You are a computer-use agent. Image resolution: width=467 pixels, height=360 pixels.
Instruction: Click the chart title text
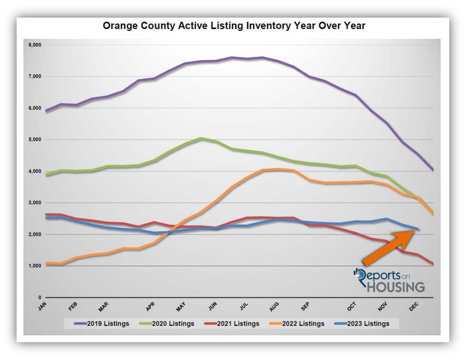pos(234,26)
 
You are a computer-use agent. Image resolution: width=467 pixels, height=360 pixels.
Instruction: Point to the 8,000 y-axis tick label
pos(35,45)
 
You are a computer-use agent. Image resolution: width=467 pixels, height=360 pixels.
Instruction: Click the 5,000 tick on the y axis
pos(35,140)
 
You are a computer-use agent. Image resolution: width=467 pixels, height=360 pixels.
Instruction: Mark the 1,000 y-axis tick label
pos(35,266)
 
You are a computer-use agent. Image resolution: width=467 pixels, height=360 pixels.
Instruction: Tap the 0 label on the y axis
pos(40,297)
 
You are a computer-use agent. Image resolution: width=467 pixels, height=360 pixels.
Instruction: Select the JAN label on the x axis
pos(43,306)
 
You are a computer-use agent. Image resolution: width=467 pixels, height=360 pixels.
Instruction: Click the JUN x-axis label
pos(213,306)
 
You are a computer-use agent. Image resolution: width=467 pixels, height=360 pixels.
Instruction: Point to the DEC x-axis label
pos(414,306)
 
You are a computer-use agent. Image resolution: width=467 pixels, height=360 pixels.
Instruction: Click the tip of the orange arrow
pos(414,231)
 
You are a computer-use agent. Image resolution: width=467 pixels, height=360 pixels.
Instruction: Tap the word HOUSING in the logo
pos(396,287)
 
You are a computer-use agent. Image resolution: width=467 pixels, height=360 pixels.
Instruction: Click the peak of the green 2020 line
pos(201,138)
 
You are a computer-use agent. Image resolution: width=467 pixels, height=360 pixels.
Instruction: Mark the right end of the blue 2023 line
pos(418,229)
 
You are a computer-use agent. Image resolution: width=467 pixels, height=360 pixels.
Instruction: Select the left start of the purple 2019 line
pos(46,111)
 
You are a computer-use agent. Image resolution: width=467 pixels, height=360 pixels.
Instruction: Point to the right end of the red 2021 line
pos(433,264)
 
